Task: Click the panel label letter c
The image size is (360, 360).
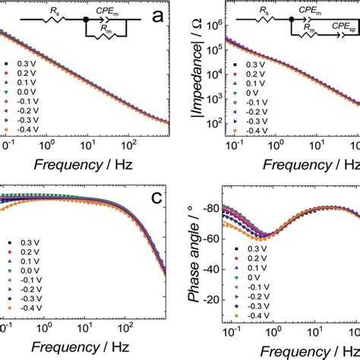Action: pos(157,197)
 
